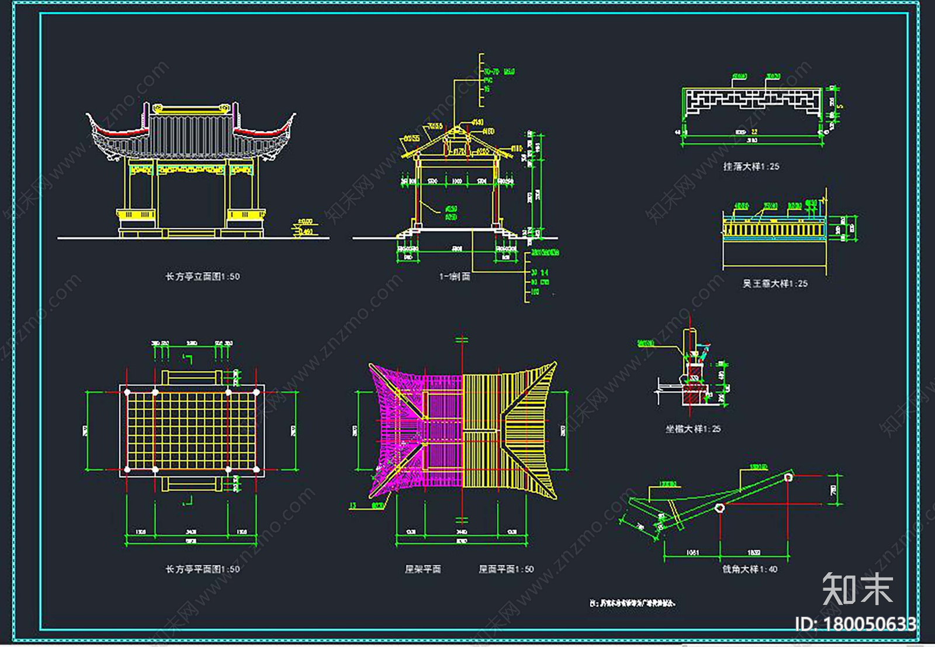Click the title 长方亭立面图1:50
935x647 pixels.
202,276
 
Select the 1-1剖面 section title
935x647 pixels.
455,276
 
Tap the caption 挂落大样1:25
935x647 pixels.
751,166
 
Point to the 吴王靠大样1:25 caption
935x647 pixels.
775,283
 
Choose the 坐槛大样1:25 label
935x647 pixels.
692,429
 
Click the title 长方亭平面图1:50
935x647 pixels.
202,568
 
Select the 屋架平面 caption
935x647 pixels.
423,568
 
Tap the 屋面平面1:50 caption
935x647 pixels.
506,568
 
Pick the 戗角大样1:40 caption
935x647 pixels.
750,568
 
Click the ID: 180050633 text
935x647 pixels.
856,624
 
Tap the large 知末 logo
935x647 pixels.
857,589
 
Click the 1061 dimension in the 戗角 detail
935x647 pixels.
692,552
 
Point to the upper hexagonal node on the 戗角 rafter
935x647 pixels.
788,477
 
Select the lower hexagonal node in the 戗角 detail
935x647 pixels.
720,507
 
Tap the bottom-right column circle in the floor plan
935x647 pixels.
256,469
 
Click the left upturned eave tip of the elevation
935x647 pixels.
88,114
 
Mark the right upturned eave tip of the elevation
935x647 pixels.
294,114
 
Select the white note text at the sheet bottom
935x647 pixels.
633,603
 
